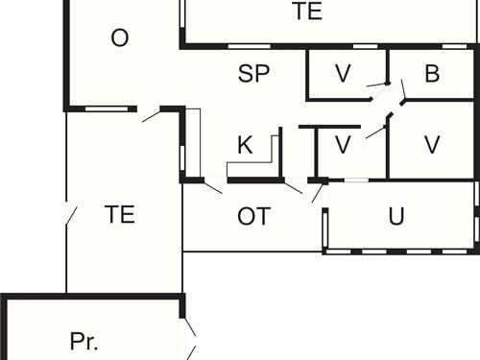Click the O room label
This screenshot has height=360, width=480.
pyautogui.click(x=120, y=38)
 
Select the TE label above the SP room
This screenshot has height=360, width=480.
pyautogui.click(x=307, y=12)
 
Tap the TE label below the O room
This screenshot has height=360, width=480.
pyautogui.click(x=119, y=214)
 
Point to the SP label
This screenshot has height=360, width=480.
pyautogui.click(x=253, y=74)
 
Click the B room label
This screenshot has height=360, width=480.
pyautogui.click(x=431, y=74)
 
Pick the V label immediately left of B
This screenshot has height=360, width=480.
pyautogui.click(x=343, y=74)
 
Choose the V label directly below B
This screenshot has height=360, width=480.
pyautogui.click(x=431, y=144)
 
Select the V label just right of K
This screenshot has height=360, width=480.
pyautogui.click(x=342, y=145)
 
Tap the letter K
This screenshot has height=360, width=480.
pyautogui.click(x=245, y=146)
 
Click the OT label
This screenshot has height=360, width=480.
pyautogui.click(x=253, y=216)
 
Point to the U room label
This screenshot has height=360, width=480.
pyautogui.click(x=396, y=216)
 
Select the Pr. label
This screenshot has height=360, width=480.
pyautogui.click(x=84, y=341)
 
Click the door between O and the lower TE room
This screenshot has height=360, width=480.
pyautogui.click(x=151, y=114)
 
